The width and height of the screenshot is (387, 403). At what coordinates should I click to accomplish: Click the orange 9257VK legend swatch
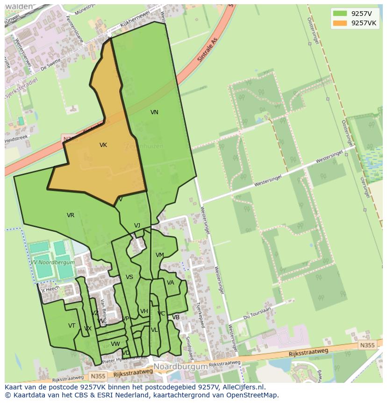(x=340, y=23)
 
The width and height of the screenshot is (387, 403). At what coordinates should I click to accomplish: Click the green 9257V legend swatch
(x=340, y=14)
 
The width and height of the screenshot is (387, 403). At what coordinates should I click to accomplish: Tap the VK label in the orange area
(x=103, y=145)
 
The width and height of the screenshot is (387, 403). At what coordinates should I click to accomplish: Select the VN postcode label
(x=154, y=112)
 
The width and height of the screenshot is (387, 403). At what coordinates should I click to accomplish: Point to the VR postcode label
(x=71, y=215)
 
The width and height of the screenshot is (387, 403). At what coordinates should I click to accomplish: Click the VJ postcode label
(x=137, y=226)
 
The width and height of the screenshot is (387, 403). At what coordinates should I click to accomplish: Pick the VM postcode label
(x=160, y=255)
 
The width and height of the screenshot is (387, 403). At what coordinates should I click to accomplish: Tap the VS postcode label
(x=129, y=277)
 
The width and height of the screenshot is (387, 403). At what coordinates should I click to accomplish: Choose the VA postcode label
(x=171, y=283)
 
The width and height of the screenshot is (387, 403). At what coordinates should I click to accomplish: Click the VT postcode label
(x=72, y=326)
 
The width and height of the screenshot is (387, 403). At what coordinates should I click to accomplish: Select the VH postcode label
(x=144, y=311)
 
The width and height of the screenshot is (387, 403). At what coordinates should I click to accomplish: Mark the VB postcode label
(x=176, y=317)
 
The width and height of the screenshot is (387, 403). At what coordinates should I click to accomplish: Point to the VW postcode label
(x=115, y=344)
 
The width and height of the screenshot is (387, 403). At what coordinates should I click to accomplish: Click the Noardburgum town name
(x=180, y=366)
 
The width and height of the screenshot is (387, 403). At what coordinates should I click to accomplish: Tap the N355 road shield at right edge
(x=367, y=345)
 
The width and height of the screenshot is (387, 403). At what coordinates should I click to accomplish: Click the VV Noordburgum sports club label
(x=52, y=263)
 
